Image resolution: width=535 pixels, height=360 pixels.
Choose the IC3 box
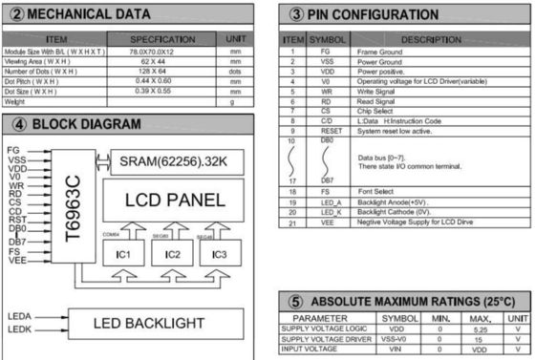point(221,254)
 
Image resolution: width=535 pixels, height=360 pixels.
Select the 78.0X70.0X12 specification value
point(149,50)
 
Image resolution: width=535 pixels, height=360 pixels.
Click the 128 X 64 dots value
point(149,72)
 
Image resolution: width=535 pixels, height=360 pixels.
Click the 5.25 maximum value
point(481,328)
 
